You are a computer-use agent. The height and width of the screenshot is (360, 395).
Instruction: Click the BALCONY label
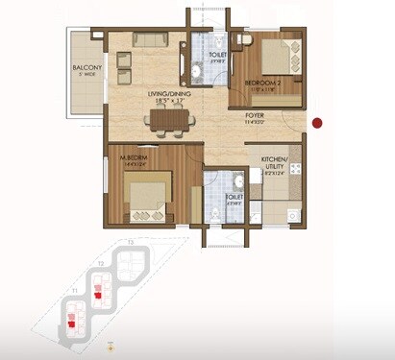click(x=87, y=68)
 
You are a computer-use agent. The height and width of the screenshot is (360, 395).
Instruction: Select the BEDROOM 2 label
click(x=262, y=84)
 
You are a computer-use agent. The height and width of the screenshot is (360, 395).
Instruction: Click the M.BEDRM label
click(x=132, y=156)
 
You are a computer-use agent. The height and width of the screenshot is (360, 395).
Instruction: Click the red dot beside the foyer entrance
click(x=317, y=122)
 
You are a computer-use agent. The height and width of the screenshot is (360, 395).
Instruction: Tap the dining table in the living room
click(x=169, y=119)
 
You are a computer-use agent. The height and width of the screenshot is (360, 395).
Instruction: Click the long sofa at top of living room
click(x=150, y=39)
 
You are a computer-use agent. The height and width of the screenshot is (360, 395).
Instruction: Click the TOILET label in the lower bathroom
click(x=233, y=198)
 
